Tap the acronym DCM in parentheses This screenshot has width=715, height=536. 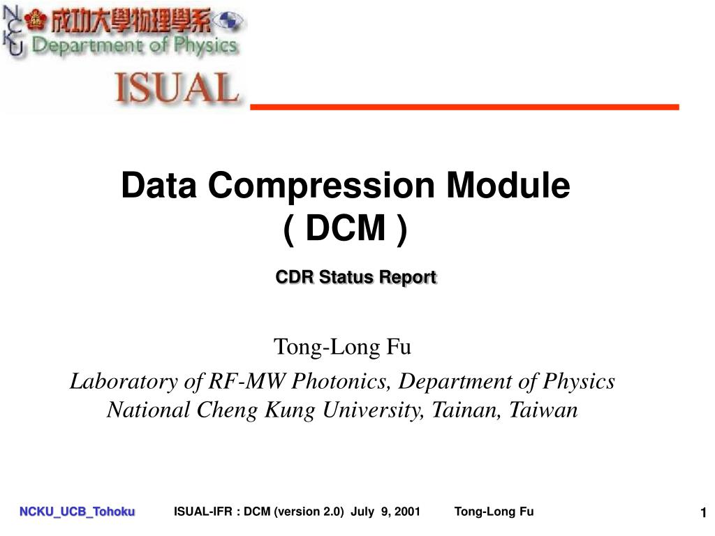point(345,228)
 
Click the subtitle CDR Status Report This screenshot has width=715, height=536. point(356,277)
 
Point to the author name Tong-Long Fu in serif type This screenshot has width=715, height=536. point(342,346)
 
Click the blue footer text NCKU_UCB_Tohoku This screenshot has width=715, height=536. point(77,512)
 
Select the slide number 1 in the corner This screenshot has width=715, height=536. point(704,514)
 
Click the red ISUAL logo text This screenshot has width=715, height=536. point(176,89)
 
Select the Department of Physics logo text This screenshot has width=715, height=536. point(134,46)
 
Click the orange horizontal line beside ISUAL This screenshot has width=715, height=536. point(464,106)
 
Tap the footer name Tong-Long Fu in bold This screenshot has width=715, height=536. point(494,512)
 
